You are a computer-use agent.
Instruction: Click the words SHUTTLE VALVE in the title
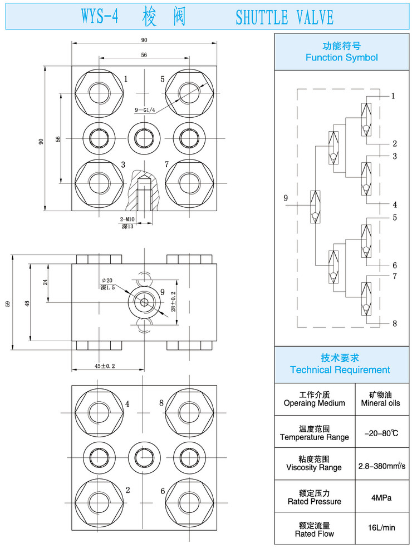(284, 17)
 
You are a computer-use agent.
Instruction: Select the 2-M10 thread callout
(127, 220)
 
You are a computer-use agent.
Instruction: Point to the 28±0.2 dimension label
(173, 301)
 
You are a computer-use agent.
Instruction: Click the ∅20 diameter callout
(107, 280)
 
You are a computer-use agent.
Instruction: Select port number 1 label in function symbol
(393, 96)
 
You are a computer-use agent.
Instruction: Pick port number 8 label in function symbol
(394, 323)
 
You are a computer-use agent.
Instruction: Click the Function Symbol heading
(341, 52)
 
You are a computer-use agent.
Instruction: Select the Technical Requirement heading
(340, 365)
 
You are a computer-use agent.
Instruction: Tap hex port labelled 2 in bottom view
(100, 497)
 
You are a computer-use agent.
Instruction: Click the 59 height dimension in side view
(7, 303)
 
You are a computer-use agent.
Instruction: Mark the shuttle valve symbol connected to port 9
(315, 207)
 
